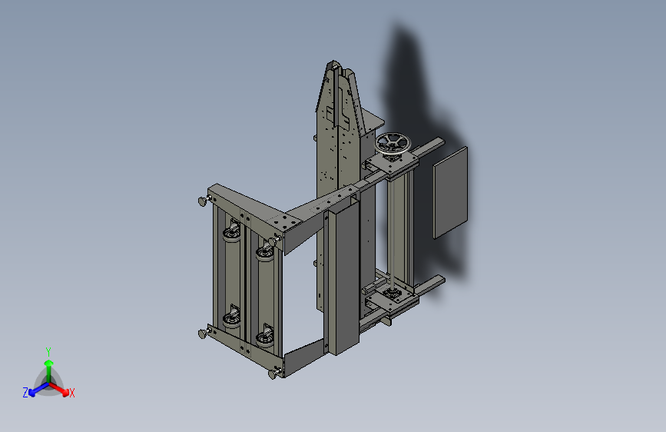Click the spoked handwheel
coord(393,144)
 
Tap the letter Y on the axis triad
coord(48,351)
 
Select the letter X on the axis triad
coord(71,393)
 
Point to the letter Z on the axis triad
coord(25,393)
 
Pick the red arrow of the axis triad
coord(59,389)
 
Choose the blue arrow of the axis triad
coord(38,389)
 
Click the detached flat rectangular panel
coord(450,192)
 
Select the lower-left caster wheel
coord(232,317)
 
